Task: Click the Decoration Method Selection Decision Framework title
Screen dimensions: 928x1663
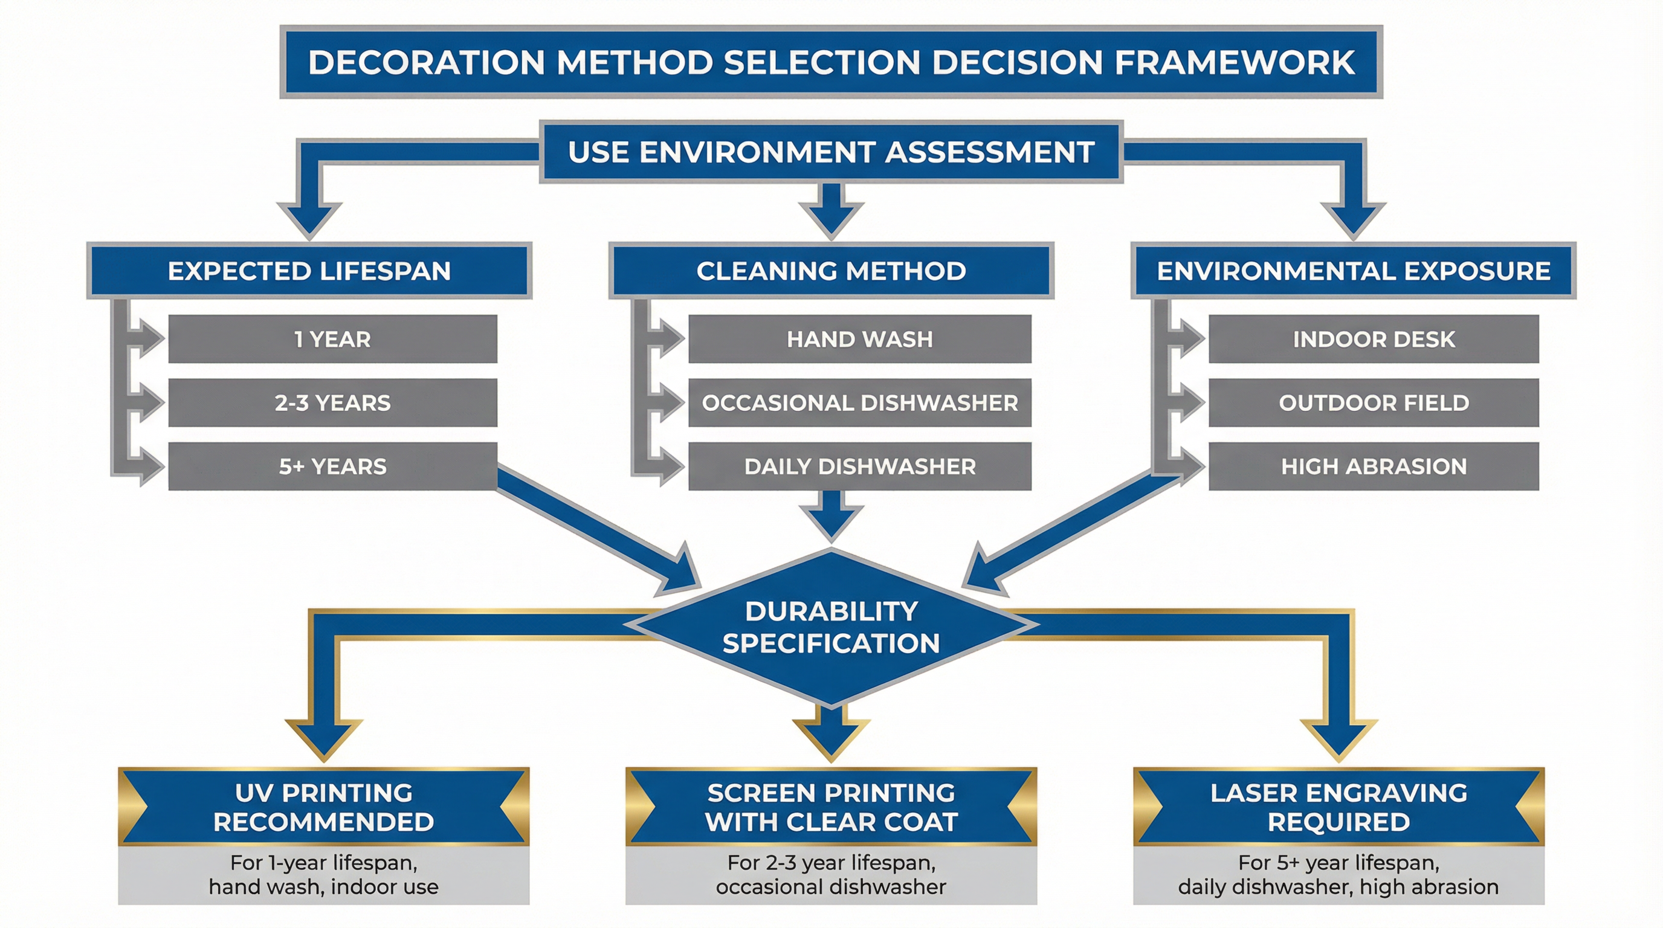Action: point(831,62)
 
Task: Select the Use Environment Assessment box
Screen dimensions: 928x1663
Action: point(831,152)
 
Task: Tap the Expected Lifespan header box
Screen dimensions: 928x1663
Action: point(309,271)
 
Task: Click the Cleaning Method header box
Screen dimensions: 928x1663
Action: point(831,271)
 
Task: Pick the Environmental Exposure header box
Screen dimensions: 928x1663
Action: point(1353,271)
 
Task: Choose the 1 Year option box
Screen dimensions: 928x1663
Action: point(332,340)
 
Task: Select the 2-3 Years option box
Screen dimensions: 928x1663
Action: point(332,403)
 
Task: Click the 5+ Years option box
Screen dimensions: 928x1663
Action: point(332,466)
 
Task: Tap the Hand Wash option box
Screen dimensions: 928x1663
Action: point(859,340)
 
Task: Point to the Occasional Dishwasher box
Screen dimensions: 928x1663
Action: point(859,403)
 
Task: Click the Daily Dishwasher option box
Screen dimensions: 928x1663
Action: point(859,466)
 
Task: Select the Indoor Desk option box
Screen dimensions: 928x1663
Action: point(1374,340)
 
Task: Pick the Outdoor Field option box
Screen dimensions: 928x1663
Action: point(1374,403)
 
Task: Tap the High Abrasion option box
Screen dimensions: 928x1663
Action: point(1374,466)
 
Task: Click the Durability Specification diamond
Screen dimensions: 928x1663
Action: point(831,627)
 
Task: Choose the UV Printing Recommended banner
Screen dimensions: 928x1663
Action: point(323,807)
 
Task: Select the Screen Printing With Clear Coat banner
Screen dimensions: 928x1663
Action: point(831,807)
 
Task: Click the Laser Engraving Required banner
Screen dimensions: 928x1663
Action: point(1338,807)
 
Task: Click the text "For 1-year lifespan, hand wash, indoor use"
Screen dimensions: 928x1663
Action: point(323,874)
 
